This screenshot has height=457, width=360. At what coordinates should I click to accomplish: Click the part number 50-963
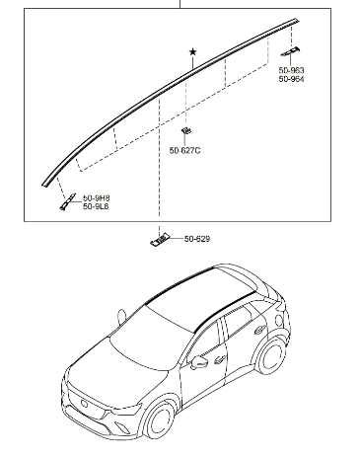(291, 70)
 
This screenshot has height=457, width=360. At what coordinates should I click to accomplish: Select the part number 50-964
(291, 79)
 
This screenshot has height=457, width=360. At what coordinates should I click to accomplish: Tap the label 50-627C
(184, 150)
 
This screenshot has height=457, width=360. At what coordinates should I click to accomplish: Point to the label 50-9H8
(96, 198)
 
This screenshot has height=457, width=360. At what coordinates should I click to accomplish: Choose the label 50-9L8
(96, 206)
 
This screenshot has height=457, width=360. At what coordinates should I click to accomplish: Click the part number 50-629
(197, 239)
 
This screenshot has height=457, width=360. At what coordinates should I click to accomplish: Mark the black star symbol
(193, 51)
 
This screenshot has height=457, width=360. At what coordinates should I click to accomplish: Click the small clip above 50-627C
(186, 130)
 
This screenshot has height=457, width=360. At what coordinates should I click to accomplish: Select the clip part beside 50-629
(160, 240)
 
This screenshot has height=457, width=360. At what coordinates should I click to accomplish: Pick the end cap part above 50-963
(290, 51)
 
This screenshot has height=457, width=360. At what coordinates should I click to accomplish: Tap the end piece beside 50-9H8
(67, 202)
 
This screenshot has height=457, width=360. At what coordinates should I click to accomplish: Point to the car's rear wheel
(271, 355)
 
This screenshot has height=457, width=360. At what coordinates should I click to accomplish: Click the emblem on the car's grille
(84, 404)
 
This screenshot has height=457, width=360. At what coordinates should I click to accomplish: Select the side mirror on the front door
(198, 362)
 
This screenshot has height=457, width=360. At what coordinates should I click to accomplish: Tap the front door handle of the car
(219, 360)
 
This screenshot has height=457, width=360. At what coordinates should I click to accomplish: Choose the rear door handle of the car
(260, 329)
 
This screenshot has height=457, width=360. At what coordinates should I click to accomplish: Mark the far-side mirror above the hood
(121, 317)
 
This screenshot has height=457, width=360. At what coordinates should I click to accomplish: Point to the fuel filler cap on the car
(280, 320)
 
